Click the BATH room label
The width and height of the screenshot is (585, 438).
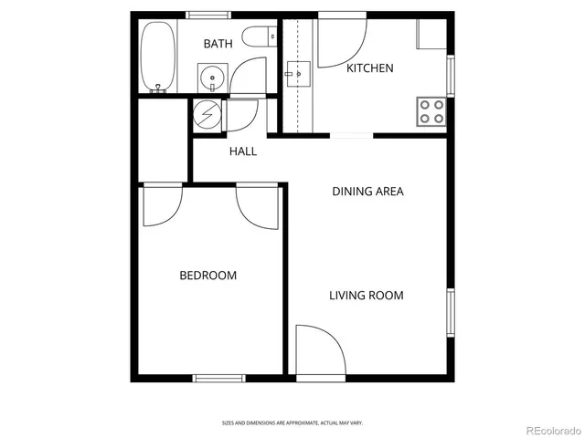click(218, 44)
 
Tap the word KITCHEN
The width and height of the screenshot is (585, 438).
click(369, 68)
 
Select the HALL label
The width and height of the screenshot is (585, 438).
click(242, 151)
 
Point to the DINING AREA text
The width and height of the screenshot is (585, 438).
click(367, 192)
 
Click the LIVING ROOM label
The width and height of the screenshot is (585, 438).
click(366, 296)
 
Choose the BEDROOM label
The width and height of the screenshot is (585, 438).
click(207, 276)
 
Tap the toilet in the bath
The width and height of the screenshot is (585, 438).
click(261, 37)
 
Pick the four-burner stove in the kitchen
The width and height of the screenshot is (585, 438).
click(431, 111)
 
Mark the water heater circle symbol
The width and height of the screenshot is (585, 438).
click(208, 116)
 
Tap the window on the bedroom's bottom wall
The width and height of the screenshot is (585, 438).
click(219, 378)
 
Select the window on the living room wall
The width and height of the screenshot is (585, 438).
click(450, 313)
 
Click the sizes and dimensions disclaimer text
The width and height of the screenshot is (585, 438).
click(292, 422)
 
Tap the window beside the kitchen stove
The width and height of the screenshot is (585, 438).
click(450, 76)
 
